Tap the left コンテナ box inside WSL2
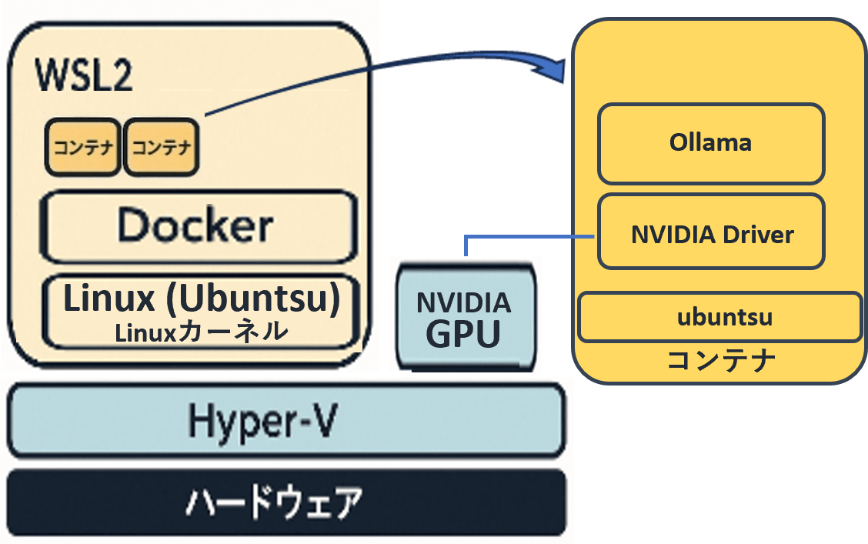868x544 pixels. point(83,147)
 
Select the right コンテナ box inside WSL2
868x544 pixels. point(161,147)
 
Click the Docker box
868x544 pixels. point(199,226)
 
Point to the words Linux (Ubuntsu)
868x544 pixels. point(202,298)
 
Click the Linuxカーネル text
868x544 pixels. point(202,332)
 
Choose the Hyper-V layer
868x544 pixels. point(286,421)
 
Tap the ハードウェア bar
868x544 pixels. point(286,502)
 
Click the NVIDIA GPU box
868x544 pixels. point(466,317)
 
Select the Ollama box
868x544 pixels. point(711,144)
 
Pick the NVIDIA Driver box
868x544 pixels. point(711,232)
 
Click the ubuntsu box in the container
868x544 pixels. point(719,317)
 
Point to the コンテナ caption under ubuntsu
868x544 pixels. point(721,359)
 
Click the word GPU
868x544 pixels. point(463,333)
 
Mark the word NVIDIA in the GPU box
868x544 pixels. point(464,303)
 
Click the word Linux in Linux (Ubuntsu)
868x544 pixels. point(109,298)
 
